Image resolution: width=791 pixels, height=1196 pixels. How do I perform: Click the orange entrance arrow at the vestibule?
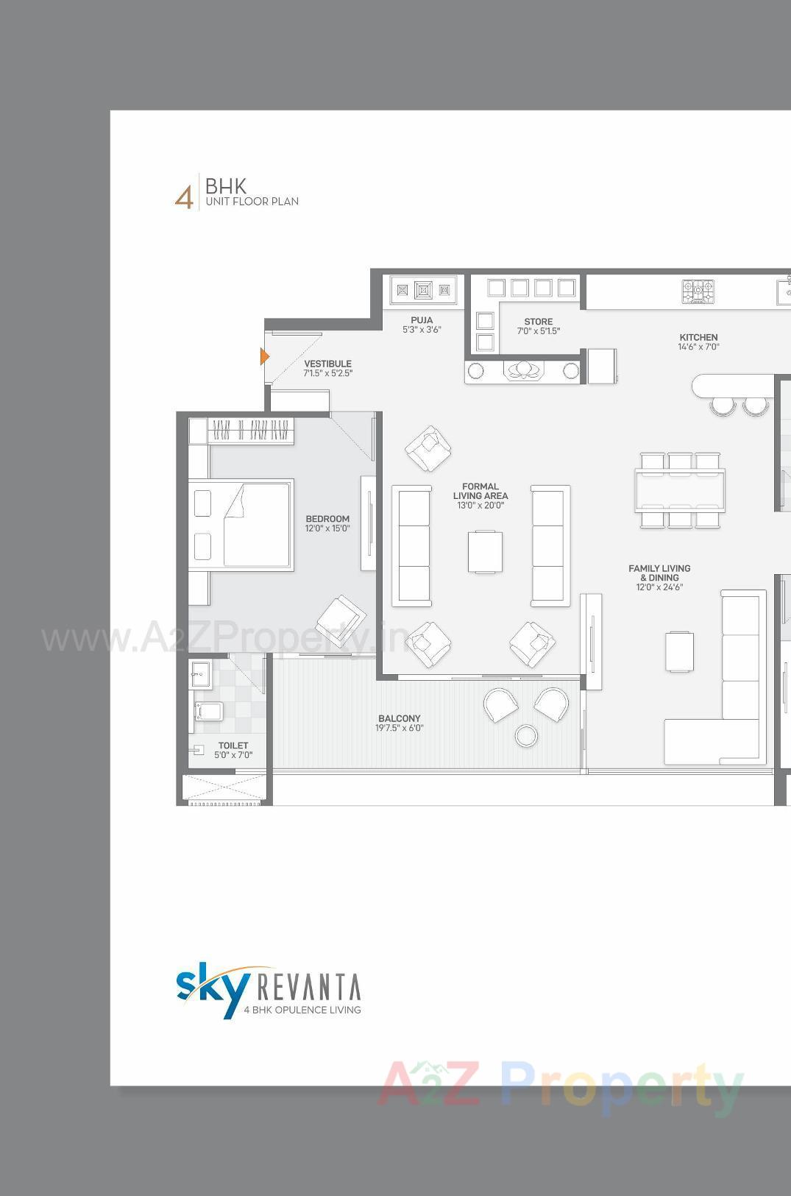pos(264,357)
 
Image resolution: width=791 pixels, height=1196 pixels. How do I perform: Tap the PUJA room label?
pos(422,320)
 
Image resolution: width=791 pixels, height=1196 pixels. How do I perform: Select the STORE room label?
pos(538,322)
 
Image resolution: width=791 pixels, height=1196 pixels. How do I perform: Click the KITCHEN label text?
pos(698,337)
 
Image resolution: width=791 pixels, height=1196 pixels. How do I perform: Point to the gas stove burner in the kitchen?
pos(698,291)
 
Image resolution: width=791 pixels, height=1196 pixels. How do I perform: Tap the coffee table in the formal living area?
pos(485,551)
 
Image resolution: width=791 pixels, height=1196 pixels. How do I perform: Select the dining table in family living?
pos(679,490)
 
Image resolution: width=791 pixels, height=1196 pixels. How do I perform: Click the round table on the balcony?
pos(526,735)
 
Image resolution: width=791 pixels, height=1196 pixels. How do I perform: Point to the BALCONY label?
pos(399,718)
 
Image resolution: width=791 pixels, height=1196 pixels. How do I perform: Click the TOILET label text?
pos(233,746)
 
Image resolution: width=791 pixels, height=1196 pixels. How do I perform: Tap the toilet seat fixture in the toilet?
pos(208,711)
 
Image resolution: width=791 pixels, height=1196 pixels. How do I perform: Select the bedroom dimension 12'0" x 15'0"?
pos(327,528)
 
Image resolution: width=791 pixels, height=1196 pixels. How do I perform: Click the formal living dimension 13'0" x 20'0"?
pos(480,506)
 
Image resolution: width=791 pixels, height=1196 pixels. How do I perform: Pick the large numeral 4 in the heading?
pos(184,197)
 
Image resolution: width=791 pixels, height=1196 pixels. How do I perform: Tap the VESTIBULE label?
pos(327,364)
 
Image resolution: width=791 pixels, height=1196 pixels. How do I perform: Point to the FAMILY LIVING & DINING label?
pos(659,573)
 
